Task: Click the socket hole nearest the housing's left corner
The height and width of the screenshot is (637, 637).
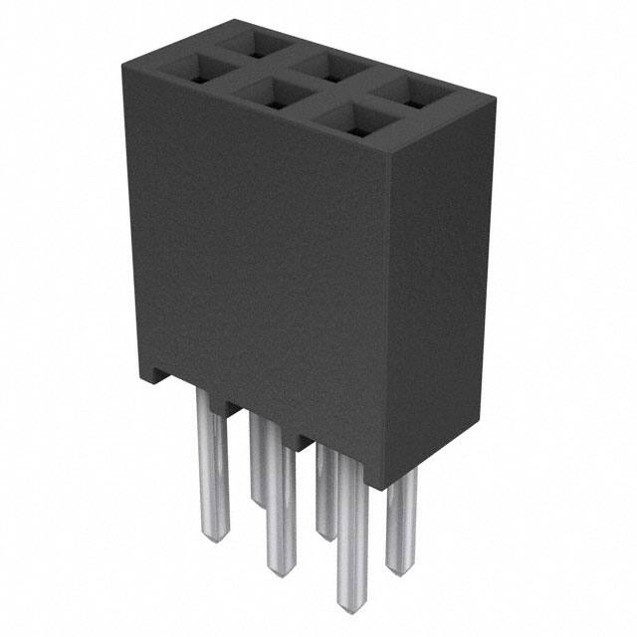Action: pos(195,70)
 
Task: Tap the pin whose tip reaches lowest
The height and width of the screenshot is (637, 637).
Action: pos(347,528)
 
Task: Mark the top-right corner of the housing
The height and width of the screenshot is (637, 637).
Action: pos(495,98)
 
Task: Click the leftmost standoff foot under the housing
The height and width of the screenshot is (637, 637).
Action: pos(157,376)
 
